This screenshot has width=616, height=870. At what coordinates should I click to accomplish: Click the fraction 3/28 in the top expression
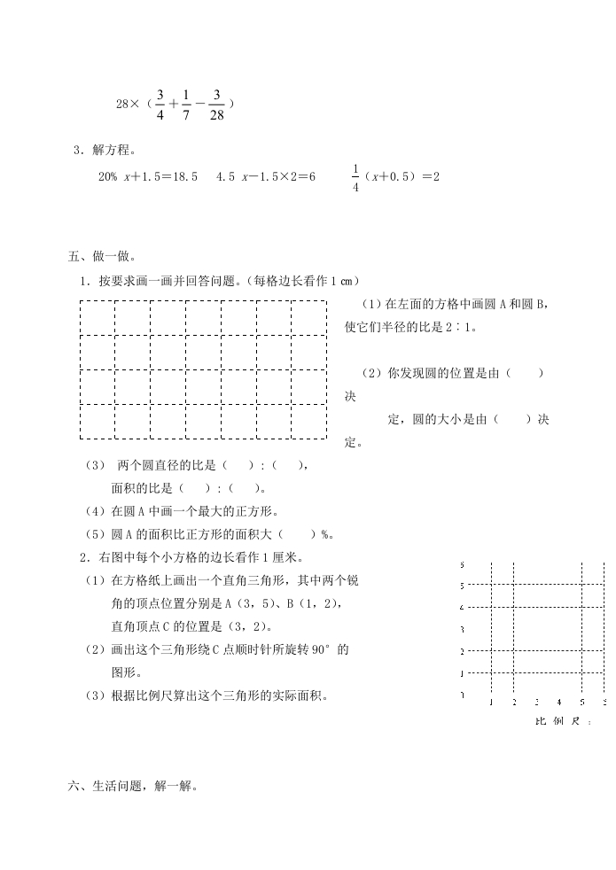217,104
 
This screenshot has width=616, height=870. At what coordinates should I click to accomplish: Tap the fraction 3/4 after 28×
160,104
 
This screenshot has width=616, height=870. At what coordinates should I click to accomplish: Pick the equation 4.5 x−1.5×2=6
266,176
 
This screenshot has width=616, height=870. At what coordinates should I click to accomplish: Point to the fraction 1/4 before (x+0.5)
355,177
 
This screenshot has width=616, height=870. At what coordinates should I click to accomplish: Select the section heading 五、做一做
101,257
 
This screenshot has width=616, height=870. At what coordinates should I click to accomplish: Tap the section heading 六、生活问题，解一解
133,785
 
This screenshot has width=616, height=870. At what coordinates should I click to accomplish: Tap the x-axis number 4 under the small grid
558,703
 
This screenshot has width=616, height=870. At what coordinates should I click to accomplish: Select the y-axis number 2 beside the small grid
462,652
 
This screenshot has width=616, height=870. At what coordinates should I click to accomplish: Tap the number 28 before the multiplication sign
123,105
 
